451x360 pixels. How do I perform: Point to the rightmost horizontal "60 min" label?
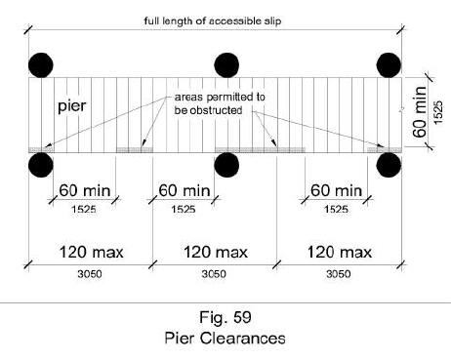click(x=335, y=189)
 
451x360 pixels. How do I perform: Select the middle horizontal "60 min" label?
click(x=183, y=189)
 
